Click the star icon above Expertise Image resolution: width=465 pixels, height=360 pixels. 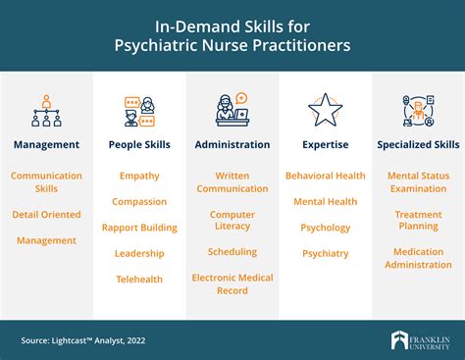coord(325,110)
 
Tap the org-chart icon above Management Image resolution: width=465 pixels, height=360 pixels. coord(46,110)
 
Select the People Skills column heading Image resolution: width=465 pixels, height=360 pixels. coord(139,145)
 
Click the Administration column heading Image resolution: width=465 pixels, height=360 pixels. coord(232,145)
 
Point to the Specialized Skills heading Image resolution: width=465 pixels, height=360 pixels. coord(418,145)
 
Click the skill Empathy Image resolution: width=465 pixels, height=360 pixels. coord(139,176)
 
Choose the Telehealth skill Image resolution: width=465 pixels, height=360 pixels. coord(139,279)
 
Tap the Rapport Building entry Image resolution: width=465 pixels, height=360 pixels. coord(139,228)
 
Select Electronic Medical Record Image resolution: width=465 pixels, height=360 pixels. coord(232,284)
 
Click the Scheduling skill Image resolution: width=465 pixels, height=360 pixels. coord(232,252)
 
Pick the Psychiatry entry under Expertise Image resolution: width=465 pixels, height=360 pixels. coord(325,253)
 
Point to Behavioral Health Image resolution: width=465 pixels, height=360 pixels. coord(325,176)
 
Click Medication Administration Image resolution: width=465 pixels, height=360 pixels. coord(418,258)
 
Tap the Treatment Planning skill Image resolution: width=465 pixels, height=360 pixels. coord(418,220)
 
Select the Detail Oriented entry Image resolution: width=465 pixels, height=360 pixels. coord(46,214)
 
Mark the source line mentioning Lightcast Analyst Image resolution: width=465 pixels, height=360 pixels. coord(83,340)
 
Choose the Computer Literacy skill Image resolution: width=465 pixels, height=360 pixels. coord(232,220)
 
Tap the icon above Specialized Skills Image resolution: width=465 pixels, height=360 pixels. coord(418,110)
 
